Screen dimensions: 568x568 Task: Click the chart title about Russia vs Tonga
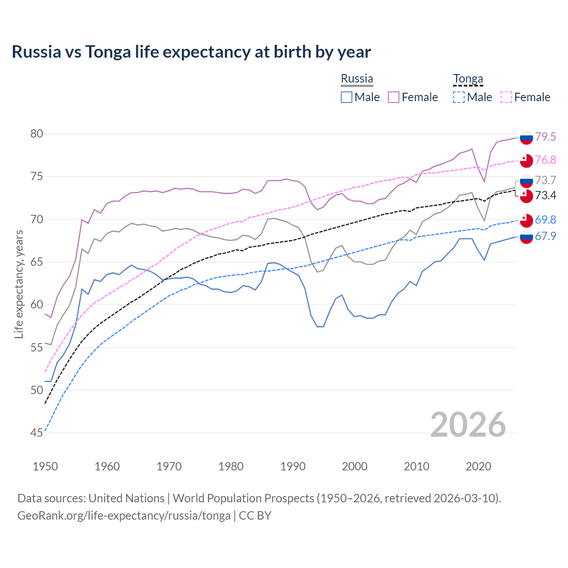coord(191,52)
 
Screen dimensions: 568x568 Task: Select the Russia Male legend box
coord(347,97)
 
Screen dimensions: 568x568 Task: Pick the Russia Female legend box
coord(394,97)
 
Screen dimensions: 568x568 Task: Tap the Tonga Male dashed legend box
coord(459,97)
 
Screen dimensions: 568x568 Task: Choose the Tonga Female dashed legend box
coord(506,97)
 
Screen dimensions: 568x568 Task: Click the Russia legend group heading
coord(357,79)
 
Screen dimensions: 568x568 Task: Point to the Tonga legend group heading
coord(468,79)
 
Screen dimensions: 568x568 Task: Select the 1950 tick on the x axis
coord(45,466)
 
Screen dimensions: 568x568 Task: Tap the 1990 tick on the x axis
coord(293,466)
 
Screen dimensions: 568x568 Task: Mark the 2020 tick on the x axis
coord(478,466)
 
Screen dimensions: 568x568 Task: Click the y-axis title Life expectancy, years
coord(19,284)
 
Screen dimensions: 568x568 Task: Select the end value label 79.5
coord(545,137)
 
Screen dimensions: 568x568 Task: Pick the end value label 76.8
coord(545,160)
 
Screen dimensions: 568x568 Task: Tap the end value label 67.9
coord(545,237)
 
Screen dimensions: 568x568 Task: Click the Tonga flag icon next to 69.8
coord(526,220)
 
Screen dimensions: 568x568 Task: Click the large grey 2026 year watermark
coord(468,425)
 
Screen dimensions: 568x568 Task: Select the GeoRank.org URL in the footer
coord(124,516)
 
